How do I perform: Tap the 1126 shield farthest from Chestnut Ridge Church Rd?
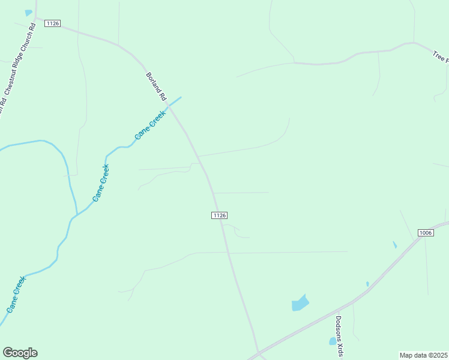coord(220,215)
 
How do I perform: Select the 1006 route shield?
coord(426,233)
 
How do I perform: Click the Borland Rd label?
coord(155,86)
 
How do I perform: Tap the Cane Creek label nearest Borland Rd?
coord(150,125)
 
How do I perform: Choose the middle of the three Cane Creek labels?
coord(101,182)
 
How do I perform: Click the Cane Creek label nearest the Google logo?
coord(16,294)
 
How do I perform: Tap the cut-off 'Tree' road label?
coord(441,56)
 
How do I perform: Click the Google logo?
coord(20,353)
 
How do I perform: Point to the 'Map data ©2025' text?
coord(424,355)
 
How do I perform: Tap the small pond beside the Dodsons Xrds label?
coord(333,341)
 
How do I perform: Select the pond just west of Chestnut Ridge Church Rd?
coord(28,13)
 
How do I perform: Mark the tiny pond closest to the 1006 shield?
coord(394,245)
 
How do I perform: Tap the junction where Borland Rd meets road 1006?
coord(259,352)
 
